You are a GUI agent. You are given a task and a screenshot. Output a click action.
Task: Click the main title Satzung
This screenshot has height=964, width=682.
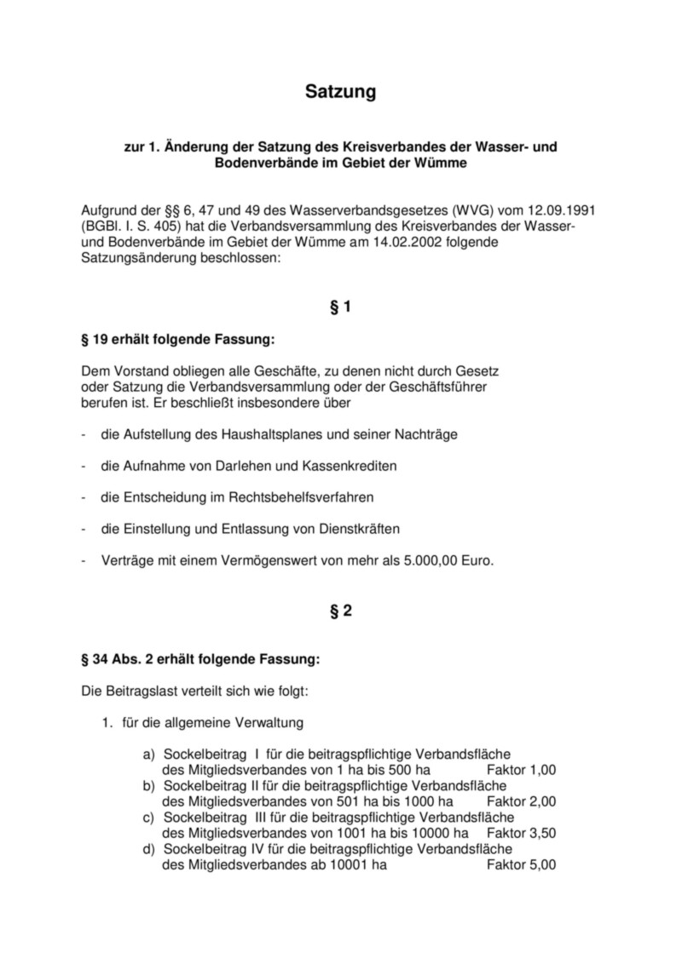340,92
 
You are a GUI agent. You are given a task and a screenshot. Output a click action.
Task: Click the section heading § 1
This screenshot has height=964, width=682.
340,307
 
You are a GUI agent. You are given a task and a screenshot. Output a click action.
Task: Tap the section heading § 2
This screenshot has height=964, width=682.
340,611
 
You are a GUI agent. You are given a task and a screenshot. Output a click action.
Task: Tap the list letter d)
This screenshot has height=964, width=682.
149,849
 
